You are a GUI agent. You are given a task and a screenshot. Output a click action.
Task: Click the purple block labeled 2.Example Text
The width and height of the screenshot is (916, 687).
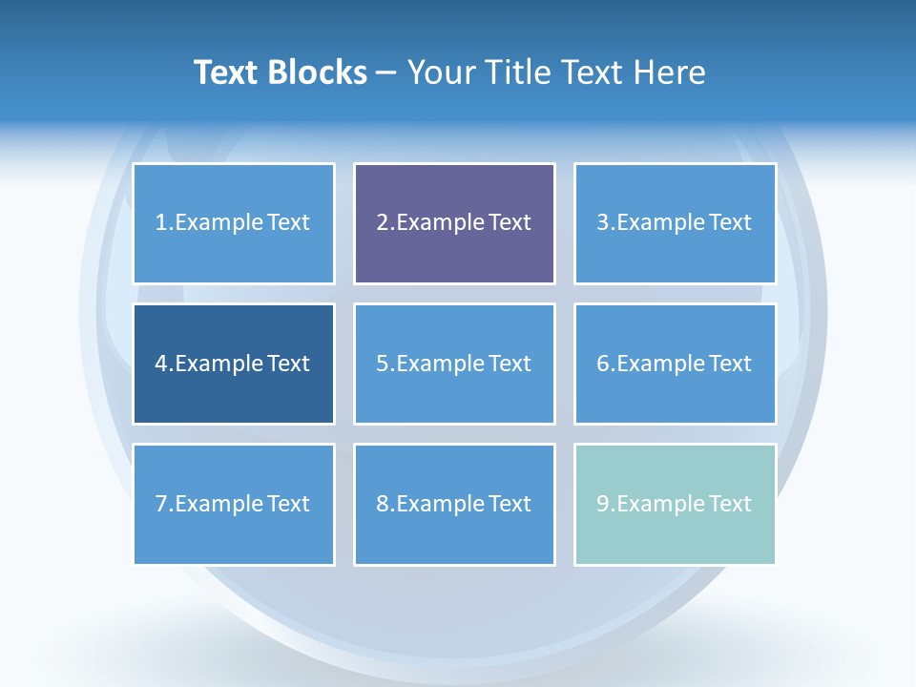tap(454, 223)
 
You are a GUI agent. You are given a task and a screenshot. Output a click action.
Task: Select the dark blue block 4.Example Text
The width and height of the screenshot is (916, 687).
tap(234, 364)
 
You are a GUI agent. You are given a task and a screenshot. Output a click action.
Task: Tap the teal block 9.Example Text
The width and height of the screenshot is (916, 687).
tap(675, 504)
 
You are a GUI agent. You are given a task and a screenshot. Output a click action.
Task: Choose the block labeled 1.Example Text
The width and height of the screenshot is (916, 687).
tap(234, 223)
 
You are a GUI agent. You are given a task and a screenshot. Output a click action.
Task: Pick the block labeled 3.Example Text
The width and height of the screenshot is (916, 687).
tap(675, 223)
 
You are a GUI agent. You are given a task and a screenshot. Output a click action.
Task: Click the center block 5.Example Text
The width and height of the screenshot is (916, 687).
tap(454, 364)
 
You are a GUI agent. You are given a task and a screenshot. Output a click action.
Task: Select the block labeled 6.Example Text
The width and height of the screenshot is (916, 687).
tap(675, 364)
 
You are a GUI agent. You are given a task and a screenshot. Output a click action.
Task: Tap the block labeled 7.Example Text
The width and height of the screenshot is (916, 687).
tap(234, 504)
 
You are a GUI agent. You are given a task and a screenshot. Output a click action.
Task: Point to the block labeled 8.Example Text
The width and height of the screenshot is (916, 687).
tap(454, 504)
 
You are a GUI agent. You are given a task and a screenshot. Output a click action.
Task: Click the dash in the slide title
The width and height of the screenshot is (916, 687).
tap(386, 73)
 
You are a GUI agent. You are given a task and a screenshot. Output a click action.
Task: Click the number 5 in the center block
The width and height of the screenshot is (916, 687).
tap(382, 364)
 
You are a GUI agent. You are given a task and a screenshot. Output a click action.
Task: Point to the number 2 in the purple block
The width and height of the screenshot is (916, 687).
tap(382, 223)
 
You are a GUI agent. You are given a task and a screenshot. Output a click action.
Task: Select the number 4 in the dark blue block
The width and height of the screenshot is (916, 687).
tap(161, 364)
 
